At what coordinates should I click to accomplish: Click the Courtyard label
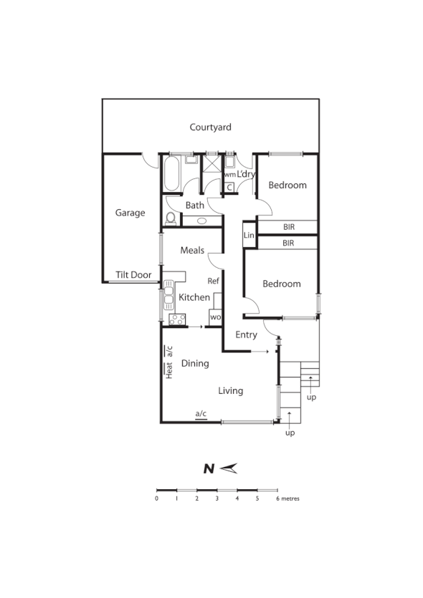tap(210, 127)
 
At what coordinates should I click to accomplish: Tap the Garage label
tap(130, 213)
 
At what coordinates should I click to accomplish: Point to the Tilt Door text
tap(133, 275)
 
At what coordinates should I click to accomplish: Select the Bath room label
tap(195, 206)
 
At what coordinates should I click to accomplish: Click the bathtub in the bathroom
tap(172, 174)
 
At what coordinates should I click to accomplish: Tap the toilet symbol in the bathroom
tap(170, 218)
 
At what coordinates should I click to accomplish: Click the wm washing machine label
tap(229, 174)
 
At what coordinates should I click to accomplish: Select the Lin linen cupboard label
tap(249, 235)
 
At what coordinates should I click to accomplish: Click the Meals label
tap(192, 250)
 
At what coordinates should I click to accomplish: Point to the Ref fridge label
tap(213, 281)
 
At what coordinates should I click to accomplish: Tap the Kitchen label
tap(194, 297)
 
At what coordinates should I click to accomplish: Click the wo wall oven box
tap(215, 316)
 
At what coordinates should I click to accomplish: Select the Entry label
tap(246, 334)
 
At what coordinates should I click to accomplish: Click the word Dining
tap(194, 363)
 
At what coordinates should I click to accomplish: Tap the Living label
tap(231, 390)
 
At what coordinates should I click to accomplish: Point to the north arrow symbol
tap(229, 469)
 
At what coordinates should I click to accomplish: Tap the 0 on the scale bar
tap(156, 498)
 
